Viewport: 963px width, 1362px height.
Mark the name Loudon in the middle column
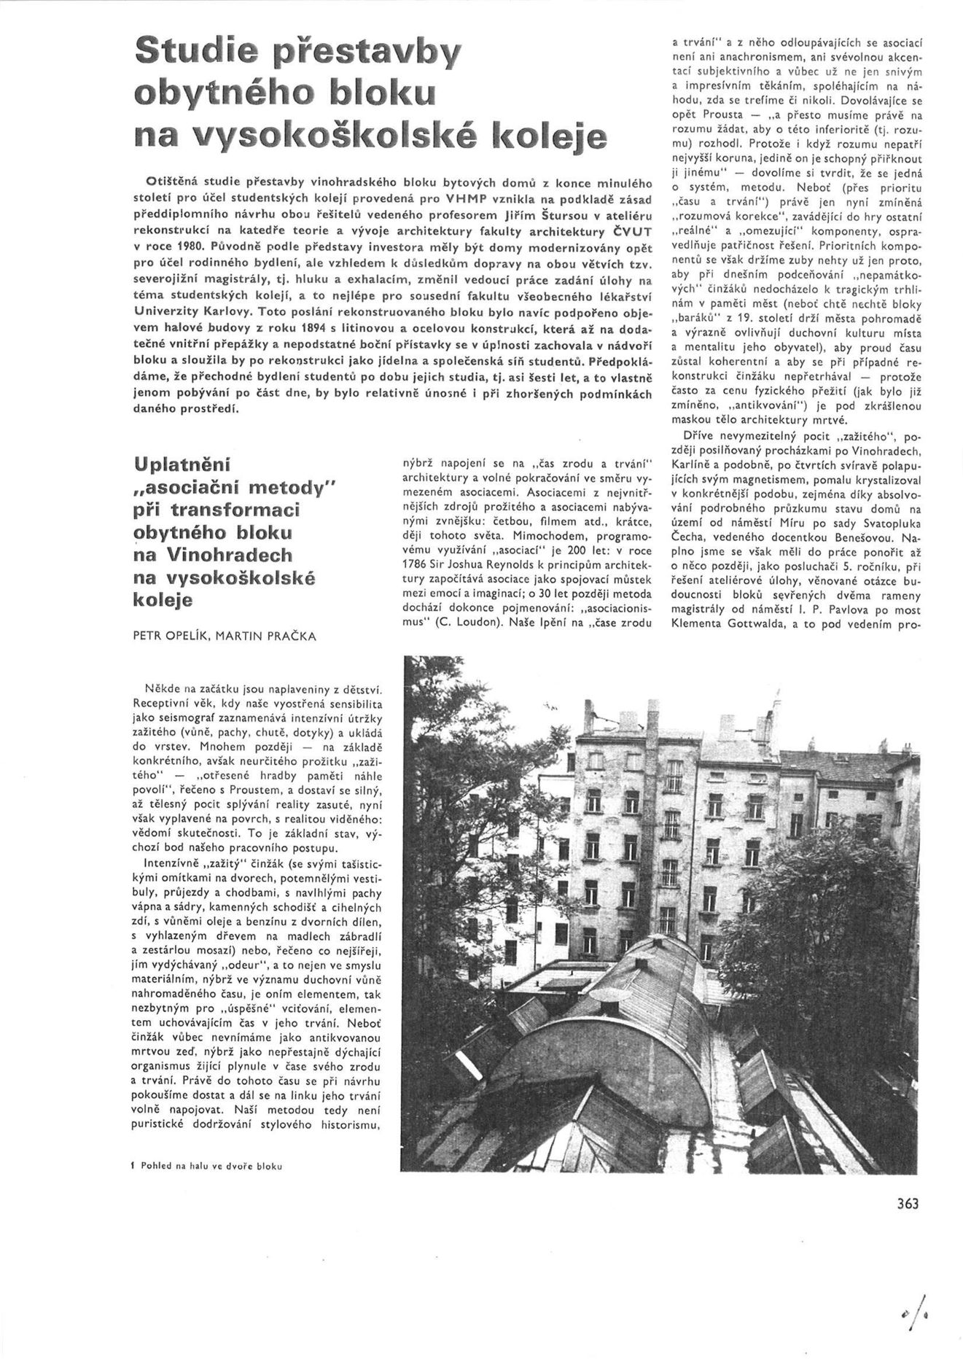pos(481,624)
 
